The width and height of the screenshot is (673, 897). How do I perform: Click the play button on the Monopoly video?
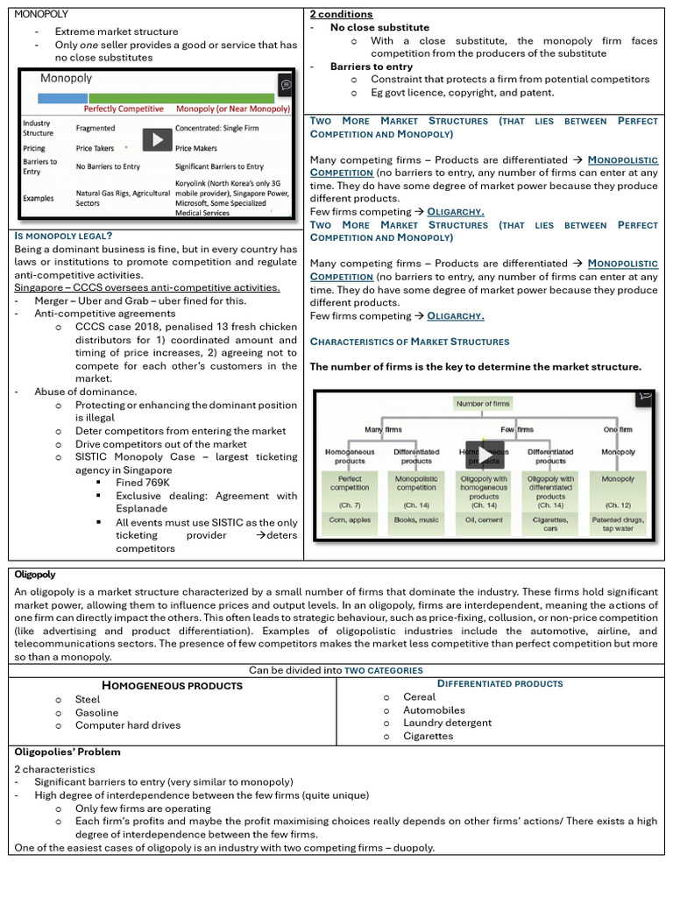[157, 139]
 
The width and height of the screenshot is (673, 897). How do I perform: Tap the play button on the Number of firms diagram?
[484, 455]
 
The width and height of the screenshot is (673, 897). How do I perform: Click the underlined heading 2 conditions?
[341, 14]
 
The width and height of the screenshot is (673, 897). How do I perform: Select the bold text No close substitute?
[379, 27]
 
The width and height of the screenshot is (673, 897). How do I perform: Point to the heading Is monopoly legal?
[63, 236]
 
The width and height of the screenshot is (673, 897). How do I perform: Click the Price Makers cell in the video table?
[196, 149]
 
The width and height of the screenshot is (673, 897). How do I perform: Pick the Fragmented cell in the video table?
[96, 128]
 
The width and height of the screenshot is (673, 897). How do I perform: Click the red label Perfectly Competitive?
[124, 109]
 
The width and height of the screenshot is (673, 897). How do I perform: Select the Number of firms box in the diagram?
[483, 404]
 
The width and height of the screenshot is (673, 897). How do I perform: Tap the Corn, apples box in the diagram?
[350, 519]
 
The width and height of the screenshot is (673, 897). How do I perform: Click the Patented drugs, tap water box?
[618, 524]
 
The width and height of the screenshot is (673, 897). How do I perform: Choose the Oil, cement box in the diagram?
[484, 519]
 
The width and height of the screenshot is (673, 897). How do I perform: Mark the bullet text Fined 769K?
[142, 483]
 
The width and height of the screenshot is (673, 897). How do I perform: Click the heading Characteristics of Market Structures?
[409, 342]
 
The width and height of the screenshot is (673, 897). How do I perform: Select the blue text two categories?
[384, 670]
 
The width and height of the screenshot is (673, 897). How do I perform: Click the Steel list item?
[88, 699]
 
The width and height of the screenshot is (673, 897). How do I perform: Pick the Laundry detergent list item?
[447, 723]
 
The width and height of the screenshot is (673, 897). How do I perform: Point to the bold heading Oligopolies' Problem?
[67, 752]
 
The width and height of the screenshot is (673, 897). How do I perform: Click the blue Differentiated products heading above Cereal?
[499, 683]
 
